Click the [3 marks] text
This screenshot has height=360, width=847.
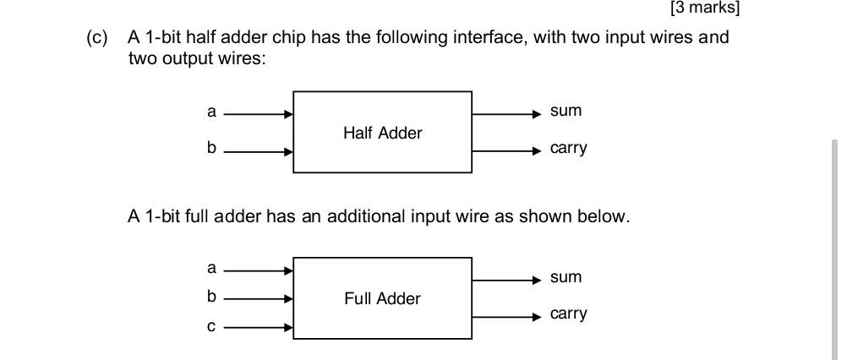click(704, 8)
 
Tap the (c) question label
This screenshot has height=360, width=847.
click(98, 38)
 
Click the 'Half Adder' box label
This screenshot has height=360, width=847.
click(382, 133)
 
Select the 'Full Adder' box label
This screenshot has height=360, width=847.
click(382, 298)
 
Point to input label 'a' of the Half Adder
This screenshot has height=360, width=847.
click(211, 112)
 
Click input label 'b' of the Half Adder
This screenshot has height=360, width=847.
click(211, 149)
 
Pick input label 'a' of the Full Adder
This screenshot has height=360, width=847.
click(211, 268)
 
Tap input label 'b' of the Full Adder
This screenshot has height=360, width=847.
click(211, 297)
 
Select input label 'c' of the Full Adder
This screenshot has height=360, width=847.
click(211, 326)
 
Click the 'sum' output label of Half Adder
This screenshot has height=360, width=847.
click(566, 112)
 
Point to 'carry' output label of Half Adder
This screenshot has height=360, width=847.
click(568, 149)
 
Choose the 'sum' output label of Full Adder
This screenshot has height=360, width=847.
click(566, 277)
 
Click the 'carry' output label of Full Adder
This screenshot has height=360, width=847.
click(568, 314)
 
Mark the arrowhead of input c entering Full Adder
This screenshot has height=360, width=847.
click(289, 327)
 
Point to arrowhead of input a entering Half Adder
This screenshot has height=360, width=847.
click(289, 114)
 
